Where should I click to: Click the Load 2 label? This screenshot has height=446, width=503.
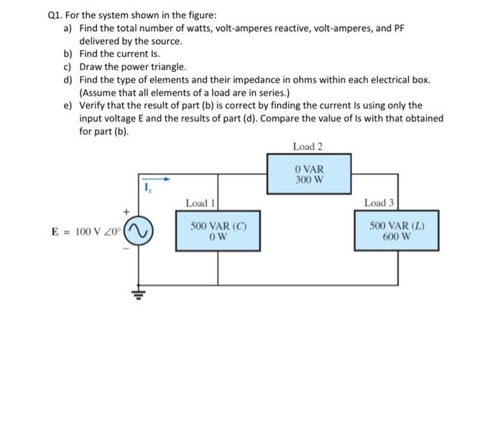click(308, 147)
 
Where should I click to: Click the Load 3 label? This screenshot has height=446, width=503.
click(379, 203)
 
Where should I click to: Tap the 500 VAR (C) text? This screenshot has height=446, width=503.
click(218, 225)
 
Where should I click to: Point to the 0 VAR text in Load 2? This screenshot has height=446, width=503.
click(309, 169)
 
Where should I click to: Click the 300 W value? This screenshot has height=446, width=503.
click(309, 179)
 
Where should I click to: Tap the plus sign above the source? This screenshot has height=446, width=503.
click(126, 212)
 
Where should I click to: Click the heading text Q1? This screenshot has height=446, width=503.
click(56, 14)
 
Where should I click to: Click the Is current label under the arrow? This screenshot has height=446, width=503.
click(149, 189)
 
